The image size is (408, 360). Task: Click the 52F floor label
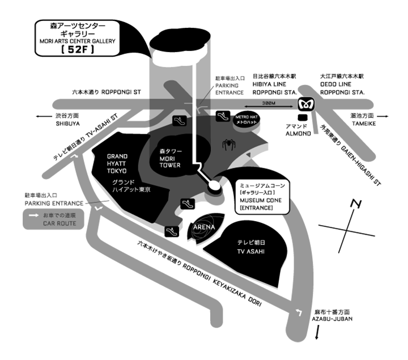(78, 50)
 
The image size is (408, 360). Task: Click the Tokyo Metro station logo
(306, 104)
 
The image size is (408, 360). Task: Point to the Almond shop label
(297, 130)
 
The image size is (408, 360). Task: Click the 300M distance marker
(270, 103)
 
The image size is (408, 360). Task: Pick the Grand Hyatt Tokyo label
(117, 163)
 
